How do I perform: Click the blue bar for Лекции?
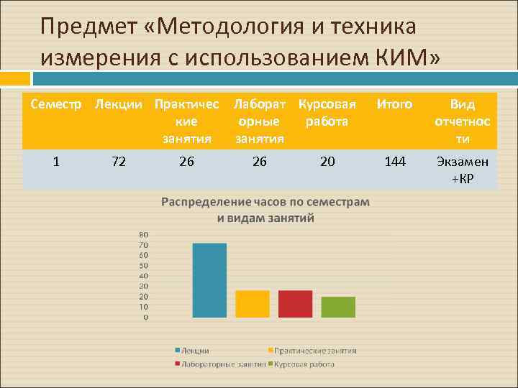[x=209, y=280]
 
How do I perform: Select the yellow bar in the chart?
[x=253, y=303]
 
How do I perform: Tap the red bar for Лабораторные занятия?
[x=296, y=303]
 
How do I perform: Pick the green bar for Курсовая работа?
[x=338, y=307]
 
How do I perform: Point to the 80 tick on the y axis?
[x=144, y=234]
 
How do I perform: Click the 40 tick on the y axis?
[x=144, y=276]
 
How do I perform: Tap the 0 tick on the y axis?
[x=146, y=317]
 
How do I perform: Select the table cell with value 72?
[x=119, y=162]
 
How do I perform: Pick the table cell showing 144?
[x=394, y=162]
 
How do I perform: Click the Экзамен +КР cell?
[x=463, y=170]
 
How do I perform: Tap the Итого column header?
[x=394, y=105]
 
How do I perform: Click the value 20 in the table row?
[x=327, y=162]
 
